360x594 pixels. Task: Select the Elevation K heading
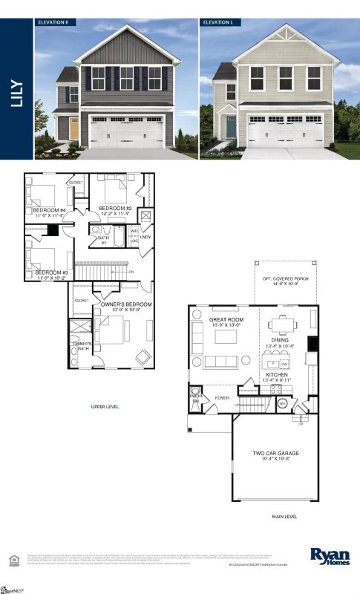pos(53,23)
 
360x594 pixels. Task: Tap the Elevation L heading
pos(219,23)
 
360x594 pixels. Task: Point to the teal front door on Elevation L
pos(231,128)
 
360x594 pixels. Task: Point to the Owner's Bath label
pos(82,346)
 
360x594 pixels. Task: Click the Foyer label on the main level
pos(223,399)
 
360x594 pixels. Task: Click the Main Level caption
pos(285,517)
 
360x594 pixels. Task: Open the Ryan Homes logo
pos(327,555)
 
